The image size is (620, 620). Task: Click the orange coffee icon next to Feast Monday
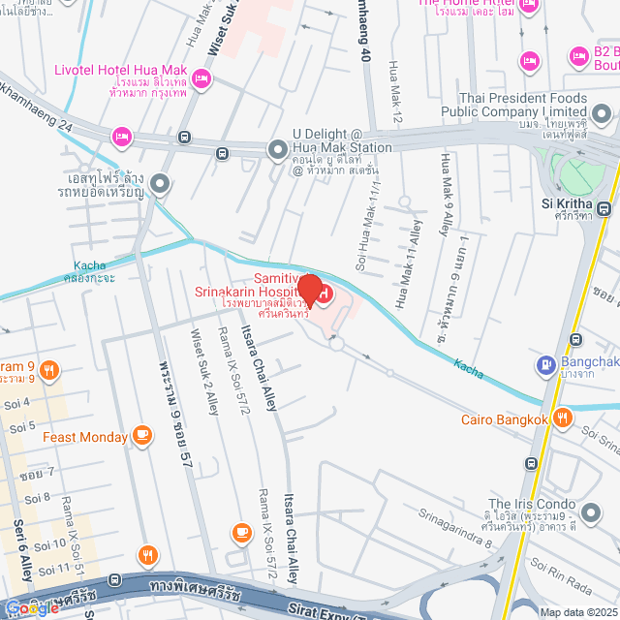coord(143,436)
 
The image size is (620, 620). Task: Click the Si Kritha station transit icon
coord(604,207)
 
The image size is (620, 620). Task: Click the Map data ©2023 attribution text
coord(576,612)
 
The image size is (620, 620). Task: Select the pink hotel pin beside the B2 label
coord(578,54)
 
